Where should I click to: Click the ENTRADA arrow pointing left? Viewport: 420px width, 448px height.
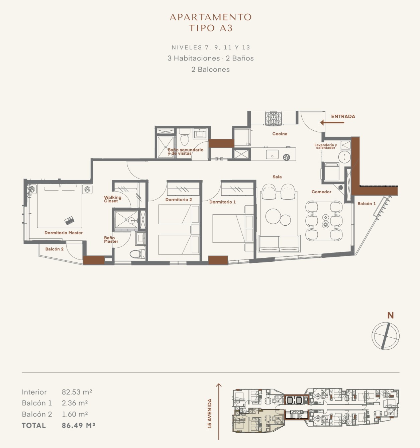(x=332, y=122)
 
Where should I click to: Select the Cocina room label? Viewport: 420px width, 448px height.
(x=280, y=134)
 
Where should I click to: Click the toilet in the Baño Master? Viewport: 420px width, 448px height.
(x=137, y=254)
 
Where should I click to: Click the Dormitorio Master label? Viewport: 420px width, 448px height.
(x=64, y=233)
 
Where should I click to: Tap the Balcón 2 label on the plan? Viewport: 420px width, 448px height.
(x=55, y=249)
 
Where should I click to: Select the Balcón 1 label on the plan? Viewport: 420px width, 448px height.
(x=366, y=204)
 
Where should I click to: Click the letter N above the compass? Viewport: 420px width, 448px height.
(x=391, y=315)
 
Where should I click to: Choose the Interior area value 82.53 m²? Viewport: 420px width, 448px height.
(x=77, y=392)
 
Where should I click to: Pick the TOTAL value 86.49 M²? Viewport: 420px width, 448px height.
(x=78, y=426)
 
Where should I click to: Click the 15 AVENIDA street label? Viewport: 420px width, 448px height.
(x=210, y=414)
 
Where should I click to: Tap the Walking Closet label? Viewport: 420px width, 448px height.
(x=112, y=199)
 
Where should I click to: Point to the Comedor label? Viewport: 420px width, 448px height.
(x=321, y=192)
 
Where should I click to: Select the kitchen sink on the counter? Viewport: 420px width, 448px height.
(x=272, y=154)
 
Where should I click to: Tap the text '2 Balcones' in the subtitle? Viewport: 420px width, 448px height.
(x=210, y=69)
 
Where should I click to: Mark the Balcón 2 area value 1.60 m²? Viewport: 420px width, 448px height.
(x=75, y=414)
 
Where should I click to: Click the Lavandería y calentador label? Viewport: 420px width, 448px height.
(x=326, y=146)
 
